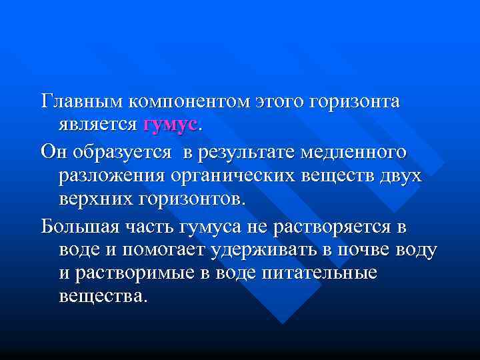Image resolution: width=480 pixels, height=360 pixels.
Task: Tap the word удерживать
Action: pyautogui.click(x=264, y=250)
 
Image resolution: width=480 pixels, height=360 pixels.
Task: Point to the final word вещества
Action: pyautogui.click(x=101, y=295)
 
